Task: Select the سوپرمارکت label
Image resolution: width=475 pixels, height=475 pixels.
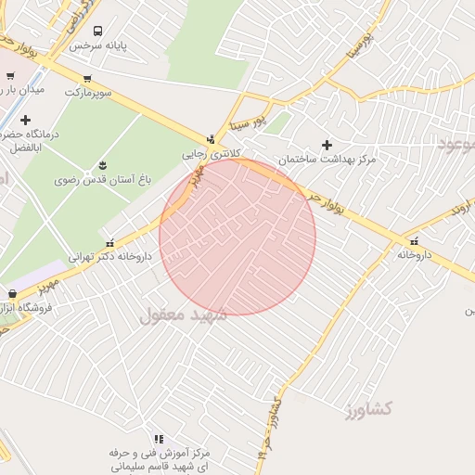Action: pyautogui.click(x=88, y=93)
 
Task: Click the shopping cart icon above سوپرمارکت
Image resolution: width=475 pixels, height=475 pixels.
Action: pyautogui.click(x=87, y=78)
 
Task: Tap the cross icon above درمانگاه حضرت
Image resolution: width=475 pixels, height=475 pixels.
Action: pyautogui.click(x=25, y=120)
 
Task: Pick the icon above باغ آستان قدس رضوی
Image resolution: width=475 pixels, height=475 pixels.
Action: pyautogui.click(x=103, y=166)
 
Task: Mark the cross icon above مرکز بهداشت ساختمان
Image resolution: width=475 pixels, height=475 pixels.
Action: pyautogui.click(x=327, y=144)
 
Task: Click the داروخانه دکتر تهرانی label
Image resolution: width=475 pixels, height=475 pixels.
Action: pyautogui.click(x=110, y=255)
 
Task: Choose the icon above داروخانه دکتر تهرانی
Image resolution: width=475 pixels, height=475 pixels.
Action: pyautogui.click(x=110, y=240)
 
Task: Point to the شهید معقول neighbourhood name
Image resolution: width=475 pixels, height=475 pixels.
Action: pyautogui.click(x=183, y=315)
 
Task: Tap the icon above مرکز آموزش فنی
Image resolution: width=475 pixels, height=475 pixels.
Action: pyautogui.click(x=158, y=438)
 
